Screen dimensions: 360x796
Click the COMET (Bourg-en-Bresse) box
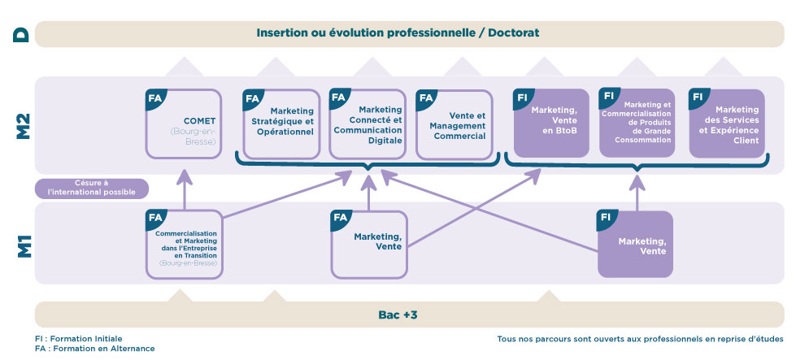coord(182,124)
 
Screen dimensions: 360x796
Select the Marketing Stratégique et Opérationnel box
coord(281,124)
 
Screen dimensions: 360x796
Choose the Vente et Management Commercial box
coord(454,124)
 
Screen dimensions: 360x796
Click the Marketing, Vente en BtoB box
coord(551,123)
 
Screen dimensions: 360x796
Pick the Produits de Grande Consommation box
coord(637,123)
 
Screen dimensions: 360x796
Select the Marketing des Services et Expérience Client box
coord(727,123)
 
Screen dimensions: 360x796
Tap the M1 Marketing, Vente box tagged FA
coord(368,243)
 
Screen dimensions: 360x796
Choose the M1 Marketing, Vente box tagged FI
coord(635,244)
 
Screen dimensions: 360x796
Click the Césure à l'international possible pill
coord(92,188)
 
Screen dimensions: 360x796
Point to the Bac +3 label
coord(398,314)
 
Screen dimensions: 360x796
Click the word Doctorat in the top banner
coord(514,33)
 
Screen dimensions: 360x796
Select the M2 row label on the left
coord(23,124)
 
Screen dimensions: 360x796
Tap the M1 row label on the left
coord(23,243)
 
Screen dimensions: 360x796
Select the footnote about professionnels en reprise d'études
coord(640,338)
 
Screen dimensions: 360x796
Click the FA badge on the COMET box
coord(155,99)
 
